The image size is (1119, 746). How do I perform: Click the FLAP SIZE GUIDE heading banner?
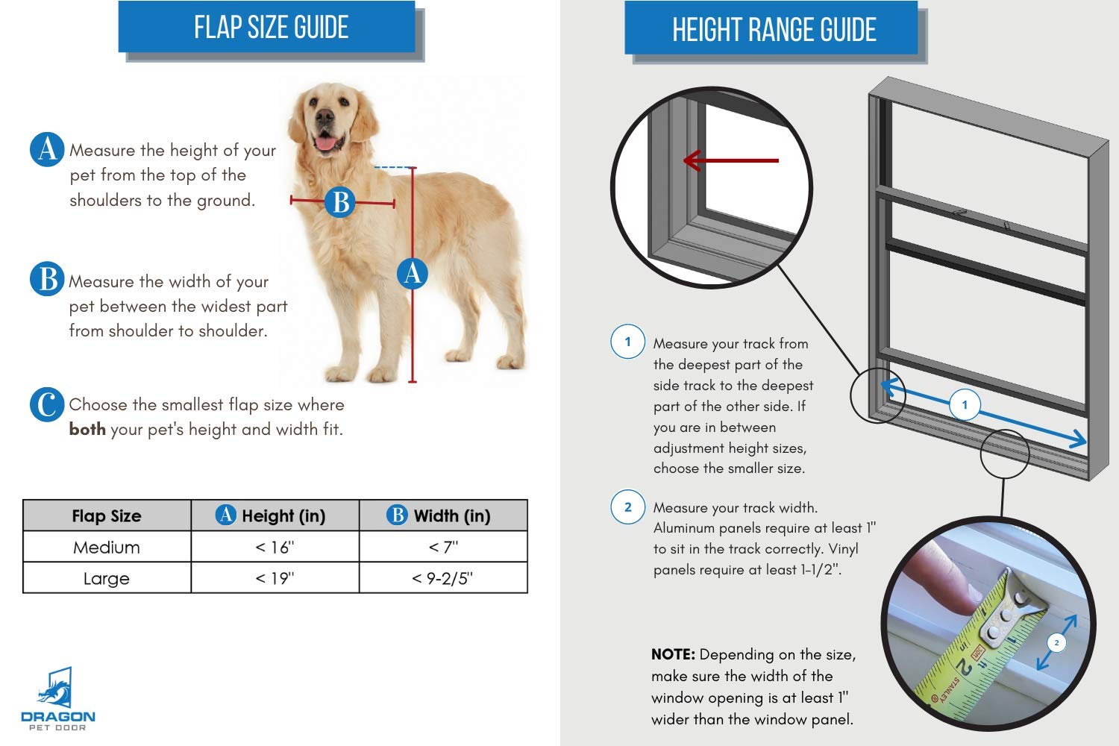tap(267, 26)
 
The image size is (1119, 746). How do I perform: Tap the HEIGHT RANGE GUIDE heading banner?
tap(771, 28)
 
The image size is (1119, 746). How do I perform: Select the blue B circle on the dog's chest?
tap(340, 202)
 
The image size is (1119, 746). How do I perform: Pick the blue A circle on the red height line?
tap(412, 273)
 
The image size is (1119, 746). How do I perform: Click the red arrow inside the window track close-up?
tap(731, 160)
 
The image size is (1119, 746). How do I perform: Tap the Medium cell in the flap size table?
tap(107, 547)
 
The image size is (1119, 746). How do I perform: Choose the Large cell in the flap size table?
tap(107, 578)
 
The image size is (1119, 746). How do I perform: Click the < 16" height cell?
tap(275, 547)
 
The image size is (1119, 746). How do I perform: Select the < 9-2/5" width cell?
tap(443, 578)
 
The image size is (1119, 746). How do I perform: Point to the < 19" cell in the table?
tap(275, 578)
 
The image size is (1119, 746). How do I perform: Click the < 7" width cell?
tap(443, 547)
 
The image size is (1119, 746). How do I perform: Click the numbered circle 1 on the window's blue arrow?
tap(965, 404)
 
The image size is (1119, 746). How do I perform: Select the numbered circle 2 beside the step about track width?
tap(628, 507)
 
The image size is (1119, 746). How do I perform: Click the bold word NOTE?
tap(673, 654)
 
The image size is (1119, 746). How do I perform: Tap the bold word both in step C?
tap(87, 429)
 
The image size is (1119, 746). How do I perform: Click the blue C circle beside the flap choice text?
tap(47, 404)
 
